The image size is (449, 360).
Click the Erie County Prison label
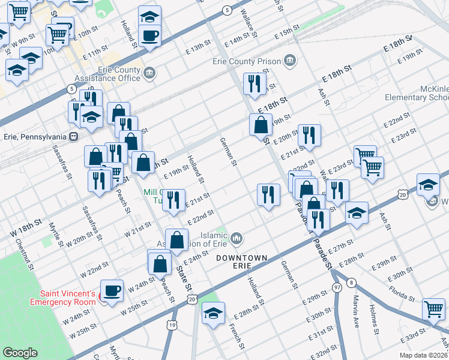247,61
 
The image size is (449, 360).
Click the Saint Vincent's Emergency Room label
68,298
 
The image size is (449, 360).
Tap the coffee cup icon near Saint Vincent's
112,290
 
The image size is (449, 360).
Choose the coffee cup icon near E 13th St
150,34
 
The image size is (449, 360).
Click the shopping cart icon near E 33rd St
434,309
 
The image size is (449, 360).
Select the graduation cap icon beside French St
213,313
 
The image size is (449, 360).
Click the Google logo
20,353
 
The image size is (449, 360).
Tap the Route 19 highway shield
172,325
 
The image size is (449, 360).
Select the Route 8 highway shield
351,282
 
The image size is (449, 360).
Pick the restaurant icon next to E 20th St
309,136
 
